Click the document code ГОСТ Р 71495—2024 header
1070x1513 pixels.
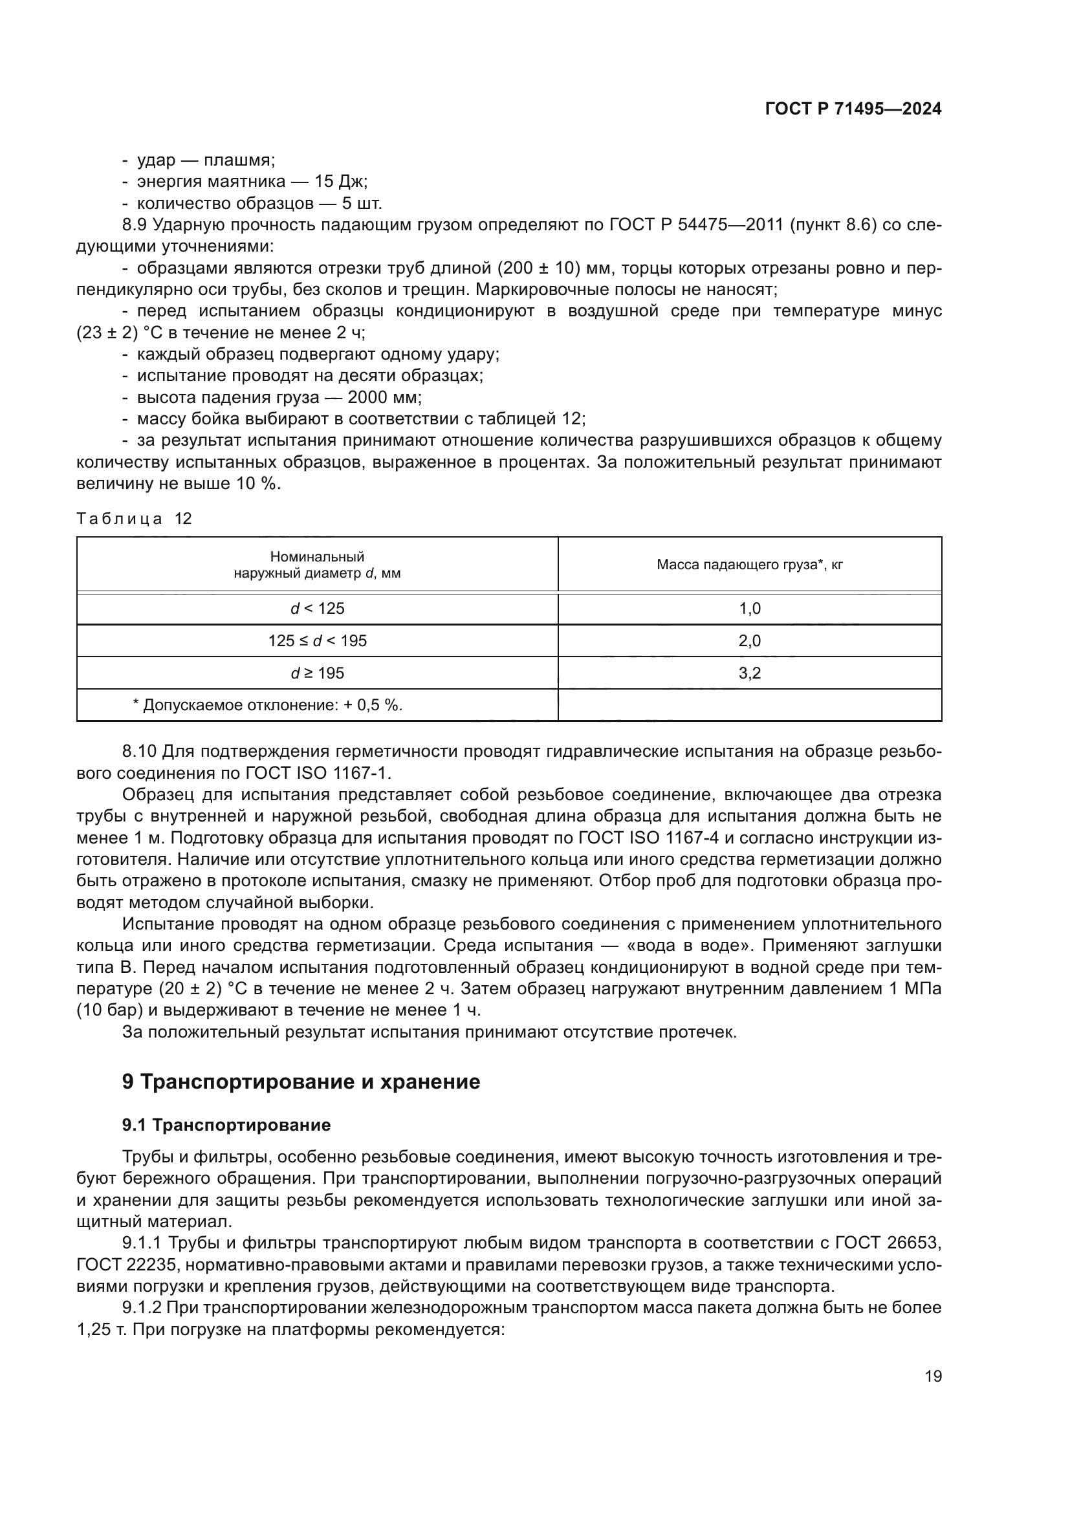click(x=853, y=109)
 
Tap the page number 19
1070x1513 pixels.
click(x=933, y=1376)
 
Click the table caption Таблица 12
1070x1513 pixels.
click(x=134, y=519)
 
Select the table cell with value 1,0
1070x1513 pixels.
click(x=749, y=608)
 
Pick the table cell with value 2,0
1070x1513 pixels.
click(x=749, y=640)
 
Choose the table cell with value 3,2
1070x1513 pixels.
click(x=749, y=673)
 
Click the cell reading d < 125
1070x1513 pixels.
click(x=317, y=608)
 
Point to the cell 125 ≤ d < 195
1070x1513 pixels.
click(x=317, y=640)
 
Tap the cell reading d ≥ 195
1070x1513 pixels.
click(x=317, y=673)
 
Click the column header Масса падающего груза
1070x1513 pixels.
click(x=749, y=565)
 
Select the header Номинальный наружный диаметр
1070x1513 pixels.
click(x=317, y=565)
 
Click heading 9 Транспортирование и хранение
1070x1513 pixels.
click(x=301, y=1082)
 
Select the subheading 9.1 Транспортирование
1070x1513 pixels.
click(x=226, y=1125)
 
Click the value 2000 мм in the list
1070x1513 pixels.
click(x=384, y=397)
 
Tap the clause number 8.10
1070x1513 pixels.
click(x=139, y=751)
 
